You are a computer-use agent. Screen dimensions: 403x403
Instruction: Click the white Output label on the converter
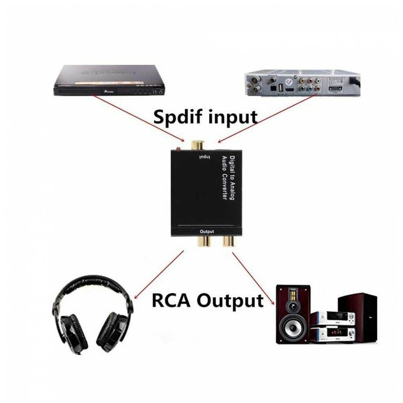point(207,232)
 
